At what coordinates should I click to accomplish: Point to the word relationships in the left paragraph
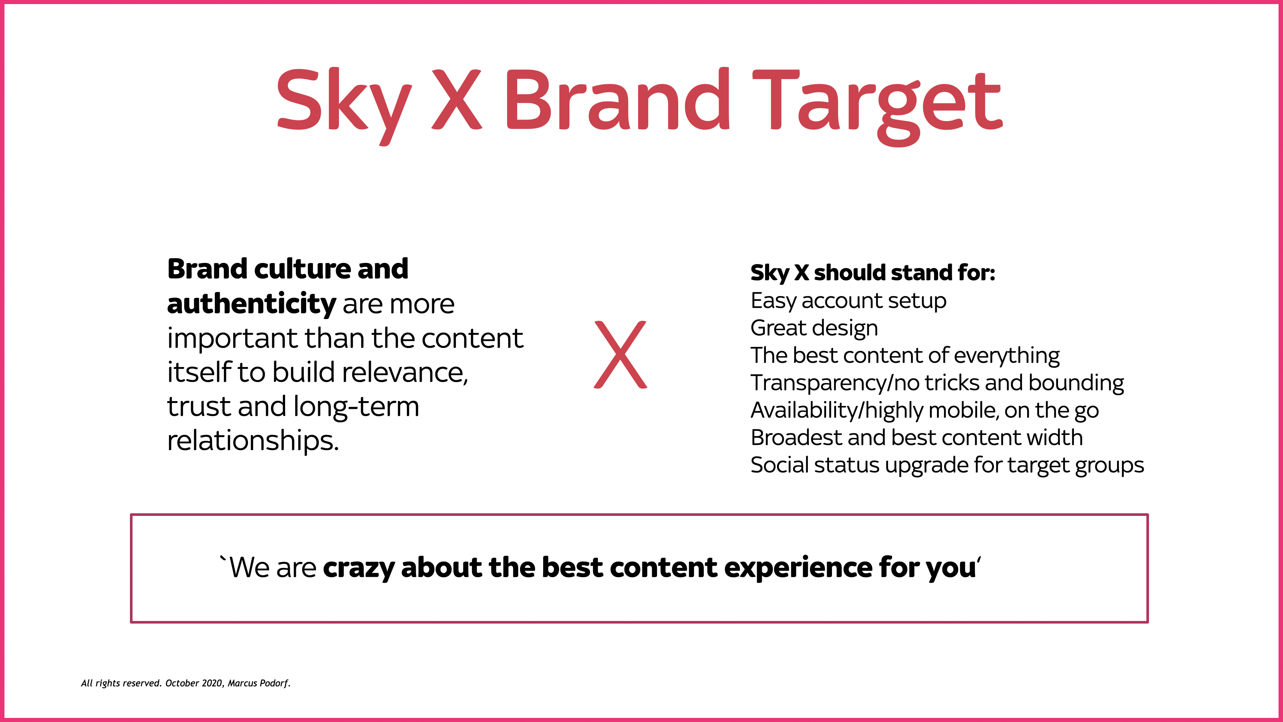(253, 441)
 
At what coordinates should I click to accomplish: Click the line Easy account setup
(848, 301)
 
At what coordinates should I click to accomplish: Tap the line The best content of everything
(905, 356)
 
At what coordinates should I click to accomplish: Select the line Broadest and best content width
(917, 438)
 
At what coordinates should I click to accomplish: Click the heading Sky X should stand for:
(873, 273)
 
